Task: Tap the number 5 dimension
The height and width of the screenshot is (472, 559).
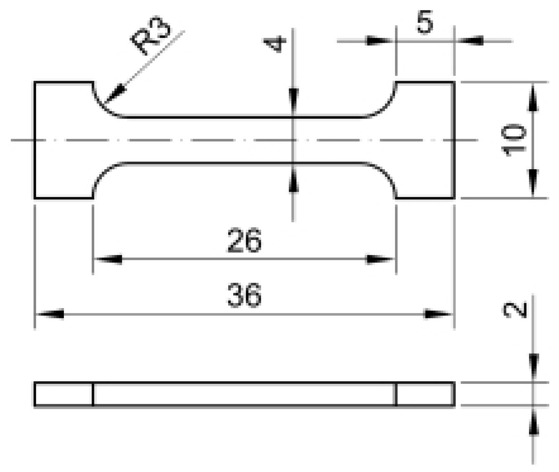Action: click(425, 22)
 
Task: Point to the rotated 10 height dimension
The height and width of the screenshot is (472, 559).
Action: click(514, 140)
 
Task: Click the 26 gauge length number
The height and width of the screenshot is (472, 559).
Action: click(244, 240)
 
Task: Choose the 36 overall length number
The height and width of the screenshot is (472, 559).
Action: click(244, 296)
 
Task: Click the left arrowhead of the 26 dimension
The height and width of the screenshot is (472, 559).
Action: click(109, 259)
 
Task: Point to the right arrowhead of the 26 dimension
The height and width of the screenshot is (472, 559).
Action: click(379, 259)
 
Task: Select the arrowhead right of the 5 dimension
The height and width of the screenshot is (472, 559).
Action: click(471, 41)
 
